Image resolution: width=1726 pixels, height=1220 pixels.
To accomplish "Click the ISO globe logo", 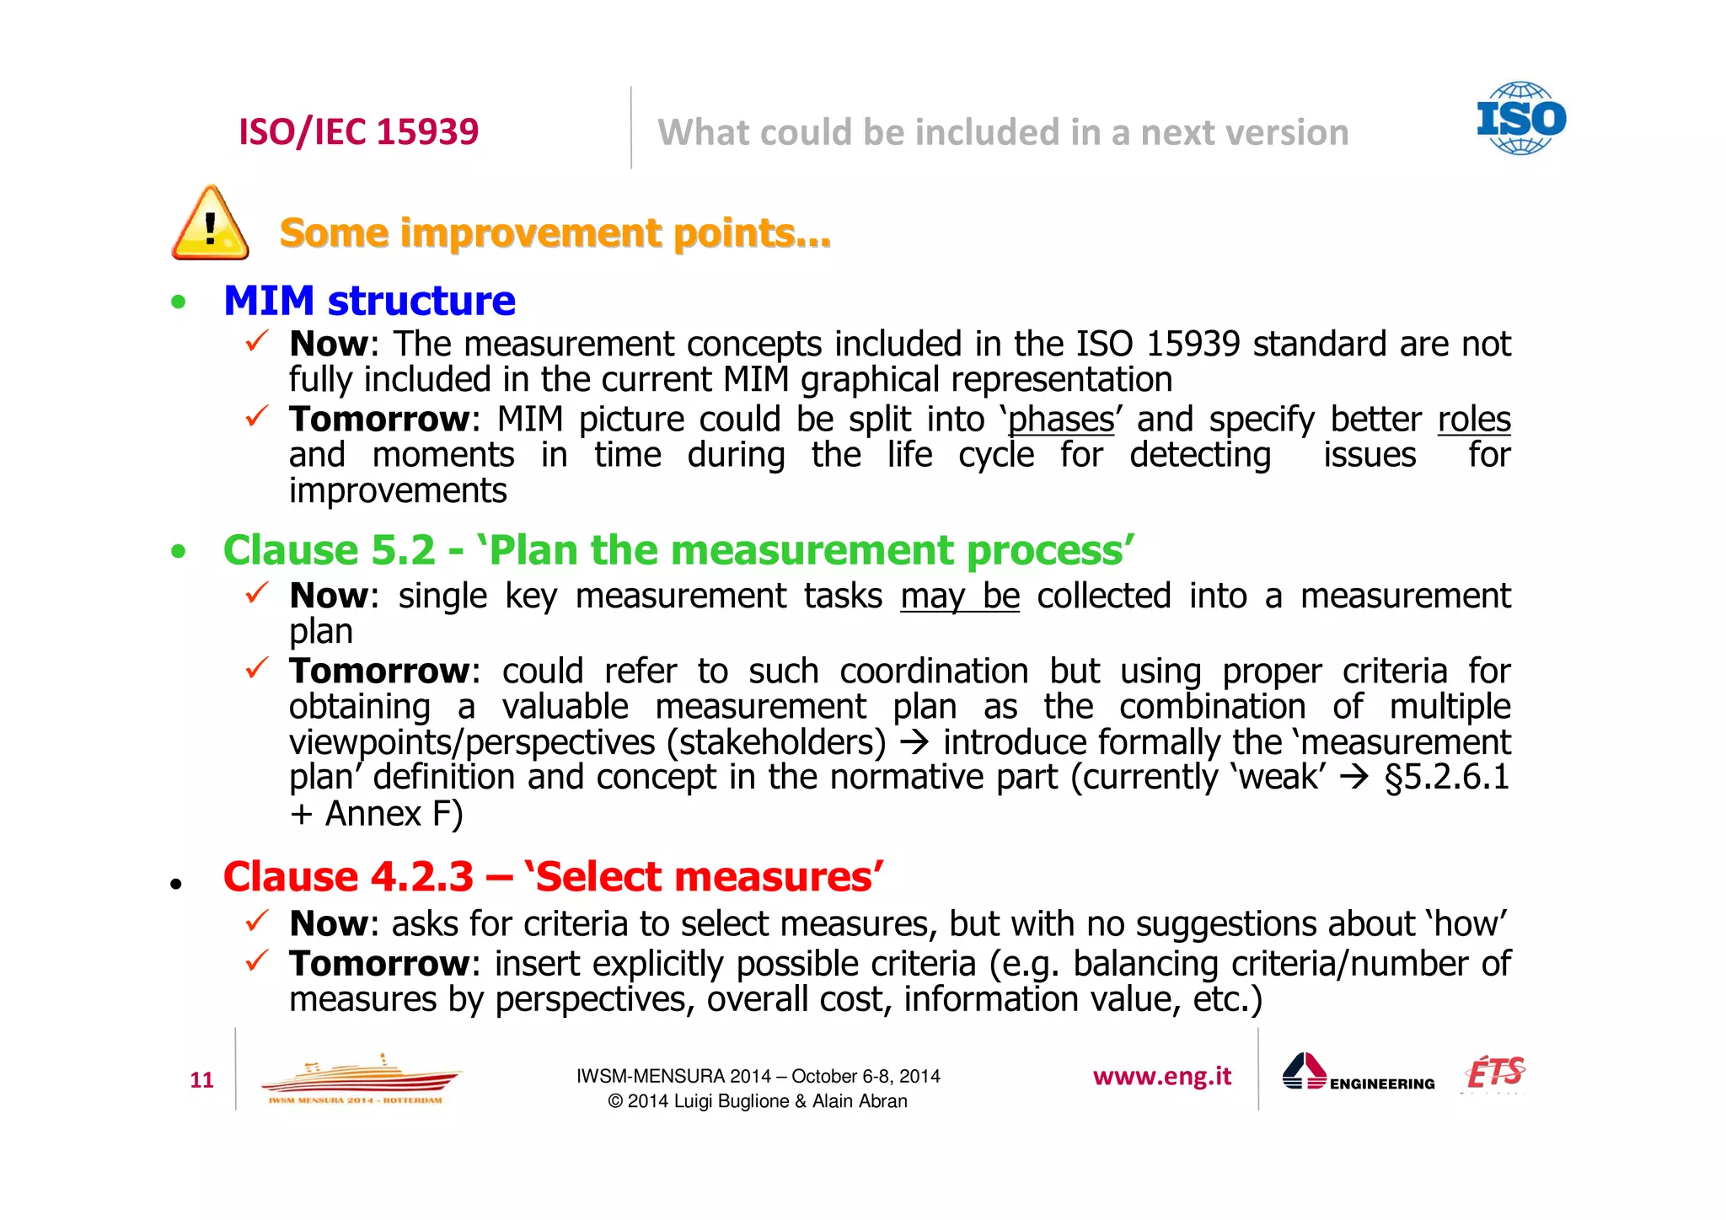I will pyautogui.click(x=1520, y=118).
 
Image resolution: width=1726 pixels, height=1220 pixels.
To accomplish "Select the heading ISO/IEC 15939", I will pyautogui.click(x=358, y=131).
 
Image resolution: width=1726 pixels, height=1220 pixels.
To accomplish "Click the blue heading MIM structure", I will pyautogui.click(x=369, y=301).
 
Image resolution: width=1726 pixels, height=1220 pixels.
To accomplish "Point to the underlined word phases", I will pyautogui.click(x=1061, y=420).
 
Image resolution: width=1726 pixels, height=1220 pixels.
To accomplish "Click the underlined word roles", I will pyautogui.click(x=1474, y=420).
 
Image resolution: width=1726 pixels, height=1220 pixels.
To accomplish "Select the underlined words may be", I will pyautogui.click(x=960, y=596).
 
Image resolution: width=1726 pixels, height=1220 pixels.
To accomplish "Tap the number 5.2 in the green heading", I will pyautogui.click(x=403, y=550).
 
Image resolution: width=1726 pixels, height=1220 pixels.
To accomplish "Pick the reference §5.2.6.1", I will pyautogui.click(x=1446, y=777).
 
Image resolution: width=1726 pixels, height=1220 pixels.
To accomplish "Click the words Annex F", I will pyautogui.click(x=394, y=814).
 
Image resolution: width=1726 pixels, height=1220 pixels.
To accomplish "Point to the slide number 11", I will pyautogui.click(x=202, y=1080).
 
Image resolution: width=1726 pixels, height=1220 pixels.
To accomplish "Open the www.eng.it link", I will pyautogui.click(x=1161, y=1077).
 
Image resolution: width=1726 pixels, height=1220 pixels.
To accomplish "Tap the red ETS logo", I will pyautogui.click(x=1495, y=1073).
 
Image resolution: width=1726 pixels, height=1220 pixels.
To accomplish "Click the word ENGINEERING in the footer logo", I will pyautogui.click(x=1382, y=1084).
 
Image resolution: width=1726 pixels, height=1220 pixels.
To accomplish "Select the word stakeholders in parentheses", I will pyautogui.click(x=776, y=742).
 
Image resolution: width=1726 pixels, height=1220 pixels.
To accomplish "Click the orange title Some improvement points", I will pyautogui.click(x=555, y=233).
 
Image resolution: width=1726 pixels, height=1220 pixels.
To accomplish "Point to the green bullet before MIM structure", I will pyautogui.click(x=178, y=302).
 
